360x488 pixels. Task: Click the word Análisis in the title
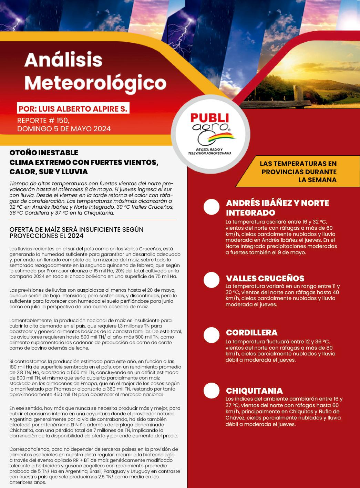coord(63,60)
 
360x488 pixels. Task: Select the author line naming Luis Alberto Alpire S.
coord(73,109)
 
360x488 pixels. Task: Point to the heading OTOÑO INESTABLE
coord(44,153)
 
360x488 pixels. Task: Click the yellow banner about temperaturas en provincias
coord(298,172)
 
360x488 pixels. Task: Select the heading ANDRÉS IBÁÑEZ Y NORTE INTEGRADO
coord(277,208)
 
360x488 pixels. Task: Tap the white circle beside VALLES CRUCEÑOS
coord(212,280)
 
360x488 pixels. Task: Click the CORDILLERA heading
coord(251,333)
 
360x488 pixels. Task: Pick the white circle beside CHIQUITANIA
coord(212,391)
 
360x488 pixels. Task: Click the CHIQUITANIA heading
coord(254,391)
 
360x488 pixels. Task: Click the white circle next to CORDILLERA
coord(212,335)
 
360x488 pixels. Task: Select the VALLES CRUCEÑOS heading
coord(265,278)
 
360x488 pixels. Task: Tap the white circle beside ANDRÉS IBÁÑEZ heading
coord(212,207)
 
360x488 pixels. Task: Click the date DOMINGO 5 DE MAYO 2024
coord(64,129)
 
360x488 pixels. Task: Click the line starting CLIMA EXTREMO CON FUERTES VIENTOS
coord(84,162)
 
